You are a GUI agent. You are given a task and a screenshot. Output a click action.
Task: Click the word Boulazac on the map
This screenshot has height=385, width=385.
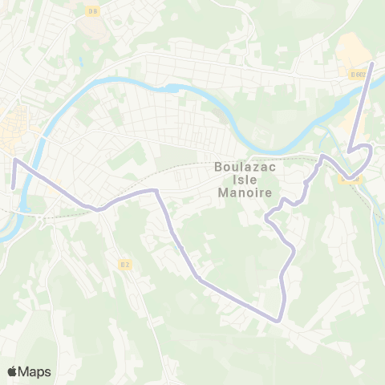(245, 168)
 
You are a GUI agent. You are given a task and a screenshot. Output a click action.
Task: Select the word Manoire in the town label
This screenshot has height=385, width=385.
(245, 194)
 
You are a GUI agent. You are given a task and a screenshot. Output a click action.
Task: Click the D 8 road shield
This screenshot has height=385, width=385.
(92, 10)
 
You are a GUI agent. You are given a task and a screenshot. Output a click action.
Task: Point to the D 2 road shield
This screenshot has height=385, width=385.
(124, 264)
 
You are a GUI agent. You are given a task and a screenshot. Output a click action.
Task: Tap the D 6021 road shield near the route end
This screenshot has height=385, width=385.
(358, 74)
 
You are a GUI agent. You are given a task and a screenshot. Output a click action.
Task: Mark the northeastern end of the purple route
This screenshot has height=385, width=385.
(374, 62)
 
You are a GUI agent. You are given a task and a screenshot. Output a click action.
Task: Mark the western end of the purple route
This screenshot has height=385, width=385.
(14, 186)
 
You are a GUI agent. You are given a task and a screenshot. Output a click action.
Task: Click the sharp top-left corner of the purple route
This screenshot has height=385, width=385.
(14, 160)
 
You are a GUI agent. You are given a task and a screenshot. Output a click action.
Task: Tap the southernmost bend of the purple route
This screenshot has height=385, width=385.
(278, 320)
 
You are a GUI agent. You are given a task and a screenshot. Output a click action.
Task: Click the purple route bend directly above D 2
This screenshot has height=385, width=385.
(156, 191)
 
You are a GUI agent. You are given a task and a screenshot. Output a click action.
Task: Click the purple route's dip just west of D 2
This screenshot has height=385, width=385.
(99, 209)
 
